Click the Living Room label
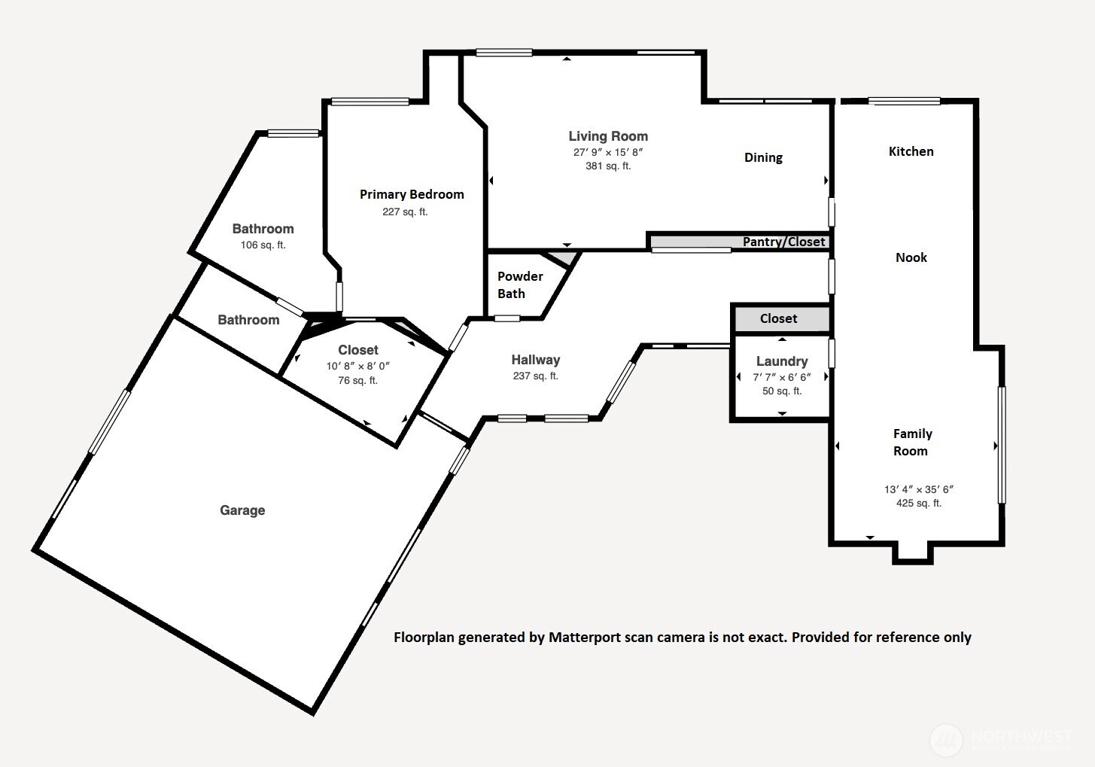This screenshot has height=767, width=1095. point(608,136)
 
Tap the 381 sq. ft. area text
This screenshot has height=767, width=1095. point(608,166)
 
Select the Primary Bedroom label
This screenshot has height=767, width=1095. point(412,194)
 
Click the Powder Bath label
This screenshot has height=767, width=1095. point(520,285)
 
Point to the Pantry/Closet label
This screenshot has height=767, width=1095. point(783,242)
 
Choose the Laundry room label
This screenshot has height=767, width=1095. point(782,361)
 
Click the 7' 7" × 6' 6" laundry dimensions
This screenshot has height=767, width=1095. point(782,377)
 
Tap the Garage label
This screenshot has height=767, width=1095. point(242,510)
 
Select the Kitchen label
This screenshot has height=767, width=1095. point(911,151)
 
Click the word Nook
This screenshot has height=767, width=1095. point(911,257)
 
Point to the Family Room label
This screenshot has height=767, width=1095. point(912,443)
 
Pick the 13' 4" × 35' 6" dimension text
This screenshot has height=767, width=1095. point(919,489)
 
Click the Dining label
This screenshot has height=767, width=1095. point(763,157)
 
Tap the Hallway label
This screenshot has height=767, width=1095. point(536,360)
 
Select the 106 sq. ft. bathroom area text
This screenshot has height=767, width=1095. point(263,245)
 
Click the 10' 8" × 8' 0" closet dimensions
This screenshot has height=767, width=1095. point(358,366)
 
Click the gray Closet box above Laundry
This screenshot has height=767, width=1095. point(779,318)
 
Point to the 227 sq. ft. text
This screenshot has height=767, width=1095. point(405,212)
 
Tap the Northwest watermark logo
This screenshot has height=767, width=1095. point(946,739)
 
